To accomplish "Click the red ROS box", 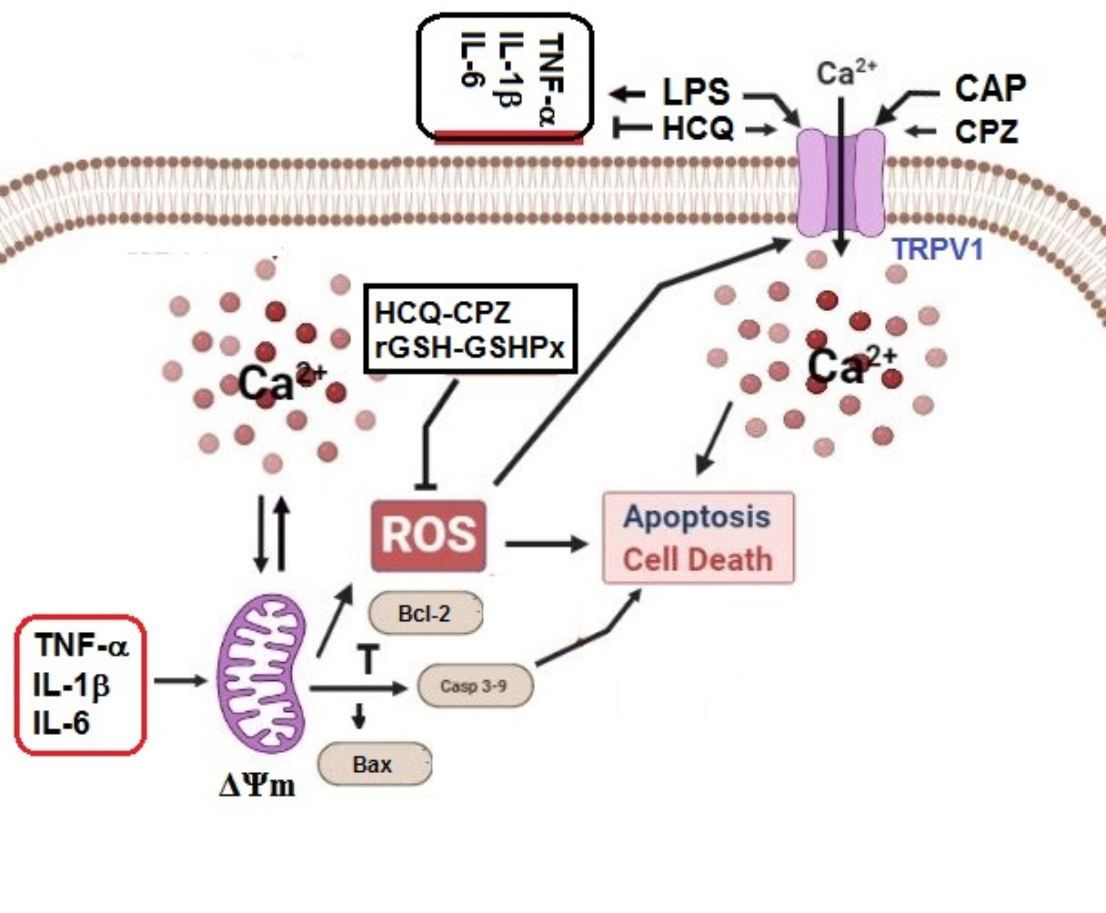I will click(x=427, y=535).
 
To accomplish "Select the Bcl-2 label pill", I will click(x=425, y=614).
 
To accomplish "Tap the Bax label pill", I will click(x=373, y=764).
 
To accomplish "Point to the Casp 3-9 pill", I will click(x=474, y=686).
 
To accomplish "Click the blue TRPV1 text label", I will click(x=937, y=249).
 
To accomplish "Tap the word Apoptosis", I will click(x=697, y=517).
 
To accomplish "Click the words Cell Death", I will click(x=697, y=558).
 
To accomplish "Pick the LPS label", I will click(x=696, y=93).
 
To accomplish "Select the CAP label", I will click(x=990, y=88).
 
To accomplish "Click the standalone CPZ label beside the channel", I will click(x=986, y=132).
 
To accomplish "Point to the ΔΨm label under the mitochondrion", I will click(x=257, y=785).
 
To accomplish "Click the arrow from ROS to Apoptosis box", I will click(x=546, y=544).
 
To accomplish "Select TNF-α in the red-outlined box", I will click(x=82, y=646).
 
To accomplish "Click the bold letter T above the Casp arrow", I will click(x=368, y=661).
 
